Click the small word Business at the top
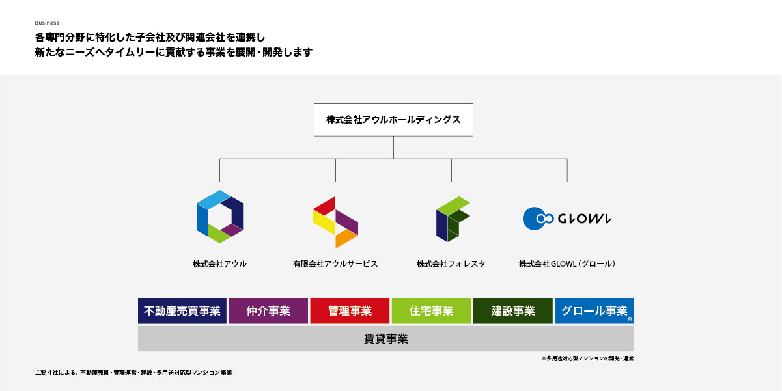47,23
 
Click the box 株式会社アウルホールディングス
393,120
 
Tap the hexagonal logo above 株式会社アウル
219,217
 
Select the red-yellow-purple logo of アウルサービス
335,222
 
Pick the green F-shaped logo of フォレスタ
452,219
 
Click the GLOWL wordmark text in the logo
584,219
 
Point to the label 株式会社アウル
219,264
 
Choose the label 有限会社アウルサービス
335,264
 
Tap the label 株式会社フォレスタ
451,264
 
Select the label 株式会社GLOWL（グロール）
567,264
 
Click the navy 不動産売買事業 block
182,311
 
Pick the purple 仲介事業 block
268,311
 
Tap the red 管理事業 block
350,311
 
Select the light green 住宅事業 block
431,311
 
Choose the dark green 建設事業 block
513,311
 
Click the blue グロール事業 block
594,311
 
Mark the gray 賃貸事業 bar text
385,339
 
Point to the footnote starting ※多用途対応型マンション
587,358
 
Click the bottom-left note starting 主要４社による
133,373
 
